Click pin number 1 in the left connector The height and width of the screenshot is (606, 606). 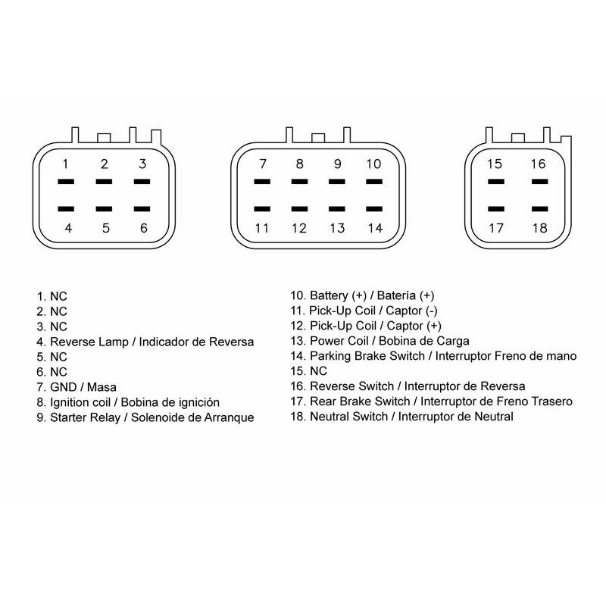(65, 164)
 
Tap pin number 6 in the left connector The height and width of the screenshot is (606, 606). (143, 228)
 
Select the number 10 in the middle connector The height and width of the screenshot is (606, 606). (373, 164)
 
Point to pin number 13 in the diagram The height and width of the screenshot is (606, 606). (337, 228)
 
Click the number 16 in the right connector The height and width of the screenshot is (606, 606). (538, 164)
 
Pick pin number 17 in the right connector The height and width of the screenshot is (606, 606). (496, 228)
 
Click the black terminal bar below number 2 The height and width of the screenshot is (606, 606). (104, 181)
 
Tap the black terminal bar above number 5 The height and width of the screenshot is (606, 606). (104, 209)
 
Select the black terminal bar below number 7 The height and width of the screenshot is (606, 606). (262, 181)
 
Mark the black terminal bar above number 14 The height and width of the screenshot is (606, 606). (374, 209)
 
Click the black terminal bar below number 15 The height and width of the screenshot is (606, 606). (496, 181)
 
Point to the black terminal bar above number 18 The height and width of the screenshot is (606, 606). (539, 209)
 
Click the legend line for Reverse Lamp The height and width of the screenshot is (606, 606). (145, 342)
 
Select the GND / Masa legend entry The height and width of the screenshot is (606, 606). (77, 387)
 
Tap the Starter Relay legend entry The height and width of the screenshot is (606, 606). (145, 417)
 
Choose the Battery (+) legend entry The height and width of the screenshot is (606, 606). (363, 295)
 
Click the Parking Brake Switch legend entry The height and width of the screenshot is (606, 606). (433, 356)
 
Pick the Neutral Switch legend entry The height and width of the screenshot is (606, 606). (402, 417)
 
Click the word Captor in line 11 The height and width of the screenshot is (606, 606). (404, 311)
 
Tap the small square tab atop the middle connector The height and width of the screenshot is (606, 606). (318, 138)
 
